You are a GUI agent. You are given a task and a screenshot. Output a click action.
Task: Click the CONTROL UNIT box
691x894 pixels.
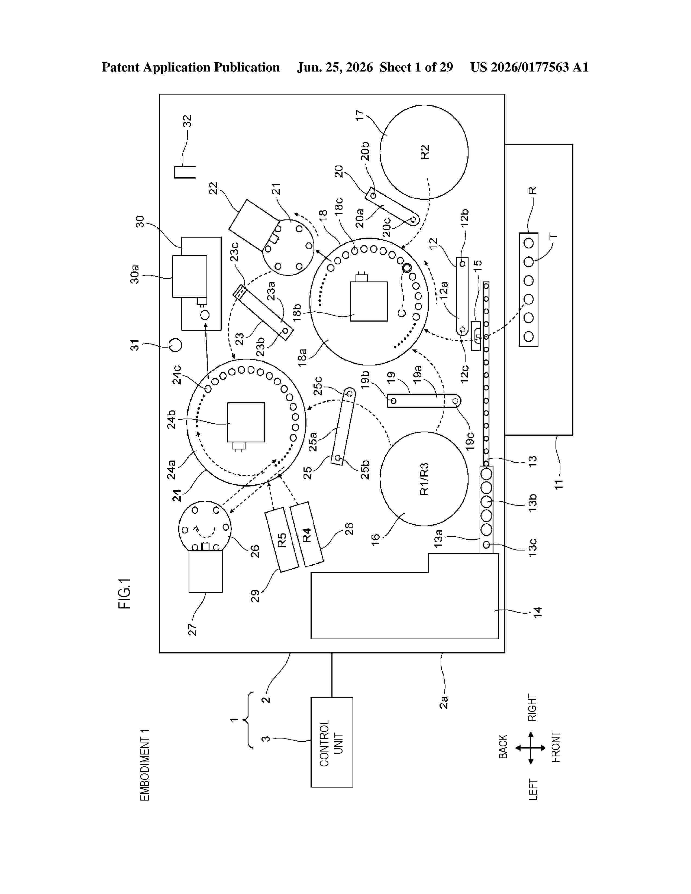[x=332, y=742]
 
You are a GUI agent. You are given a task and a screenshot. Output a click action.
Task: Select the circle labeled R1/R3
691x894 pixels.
[x=424, y=478]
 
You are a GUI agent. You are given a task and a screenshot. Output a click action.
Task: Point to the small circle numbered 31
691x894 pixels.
[x=175, y=345]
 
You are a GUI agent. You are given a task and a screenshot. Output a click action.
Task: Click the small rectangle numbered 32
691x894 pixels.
[x=185, y=172]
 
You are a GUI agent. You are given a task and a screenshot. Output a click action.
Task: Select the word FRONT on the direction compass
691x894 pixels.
[x=556, y=747]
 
